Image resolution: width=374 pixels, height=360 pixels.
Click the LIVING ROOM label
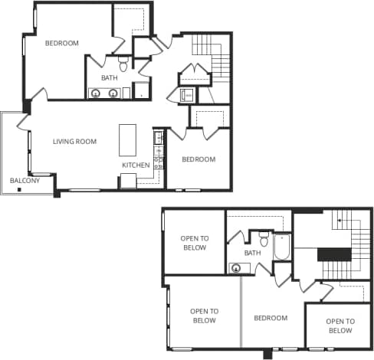pos(74,142)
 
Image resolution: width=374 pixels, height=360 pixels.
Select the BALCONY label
pos(25,182)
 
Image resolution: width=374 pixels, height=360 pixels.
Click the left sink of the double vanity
pos(96,93)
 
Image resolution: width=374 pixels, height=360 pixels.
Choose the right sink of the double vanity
pos(113,93)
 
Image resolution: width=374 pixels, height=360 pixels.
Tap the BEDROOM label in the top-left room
pos(61,44)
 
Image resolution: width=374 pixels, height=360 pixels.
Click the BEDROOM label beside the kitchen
pos(198,159)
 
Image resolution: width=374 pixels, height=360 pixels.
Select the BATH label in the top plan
pos(110,77)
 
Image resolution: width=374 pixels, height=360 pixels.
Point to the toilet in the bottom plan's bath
pos(263,239)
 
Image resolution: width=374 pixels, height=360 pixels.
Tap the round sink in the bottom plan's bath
pos(236,268)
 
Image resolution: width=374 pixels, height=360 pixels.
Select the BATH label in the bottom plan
pos(252,253)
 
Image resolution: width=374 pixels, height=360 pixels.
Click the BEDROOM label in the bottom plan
pos(271,318)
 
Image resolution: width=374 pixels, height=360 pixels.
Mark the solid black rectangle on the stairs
pos(333,255)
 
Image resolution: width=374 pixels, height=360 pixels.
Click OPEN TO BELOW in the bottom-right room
pos(340,326)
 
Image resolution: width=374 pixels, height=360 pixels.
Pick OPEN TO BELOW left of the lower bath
pos(194,244)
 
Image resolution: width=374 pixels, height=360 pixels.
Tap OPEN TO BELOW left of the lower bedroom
pos(205,316)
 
